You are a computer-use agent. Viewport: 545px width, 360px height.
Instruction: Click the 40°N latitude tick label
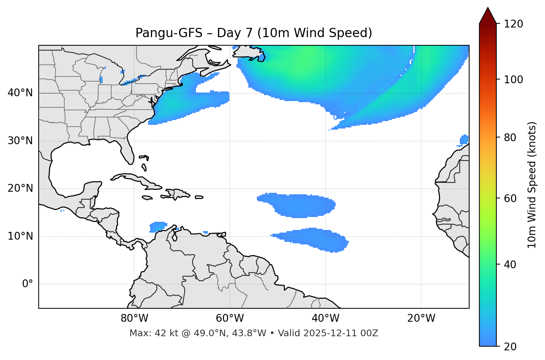coord(20,93)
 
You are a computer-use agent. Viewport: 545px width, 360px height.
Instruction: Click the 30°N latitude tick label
coord(20,141)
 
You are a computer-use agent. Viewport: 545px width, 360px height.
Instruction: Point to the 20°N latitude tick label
coord(20,188)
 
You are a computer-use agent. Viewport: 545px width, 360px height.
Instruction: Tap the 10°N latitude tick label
coord(20,236)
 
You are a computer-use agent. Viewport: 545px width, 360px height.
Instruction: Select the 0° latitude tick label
coord(27,284)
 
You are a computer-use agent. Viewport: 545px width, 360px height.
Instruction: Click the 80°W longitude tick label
coord(134,318)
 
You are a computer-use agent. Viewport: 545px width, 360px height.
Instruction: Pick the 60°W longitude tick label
coord(230,318)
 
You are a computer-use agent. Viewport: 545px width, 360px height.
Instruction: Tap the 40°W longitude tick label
coord(325,318)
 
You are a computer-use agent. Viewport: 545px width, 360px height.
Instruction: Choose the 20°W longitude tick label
coord(421,318)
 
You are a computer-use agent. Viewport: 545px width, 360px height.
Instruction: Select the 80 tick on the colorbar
coord(510,137)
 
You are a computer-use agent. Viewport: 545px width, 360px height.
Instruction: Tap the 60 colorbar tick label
coord(510,198)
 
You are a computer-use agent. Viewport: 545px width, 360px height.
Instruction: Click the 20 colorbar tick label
coord(510,347)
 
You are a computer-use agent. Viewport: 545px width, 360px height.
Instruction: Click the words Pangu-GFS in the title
coord(169,33)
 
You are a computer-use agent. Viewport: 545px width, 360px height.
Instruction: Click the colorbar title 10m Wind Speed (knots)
coord(532,185)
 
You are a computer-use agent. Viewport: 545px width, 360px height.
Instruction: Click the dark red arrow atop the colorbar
coord(488,16)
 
